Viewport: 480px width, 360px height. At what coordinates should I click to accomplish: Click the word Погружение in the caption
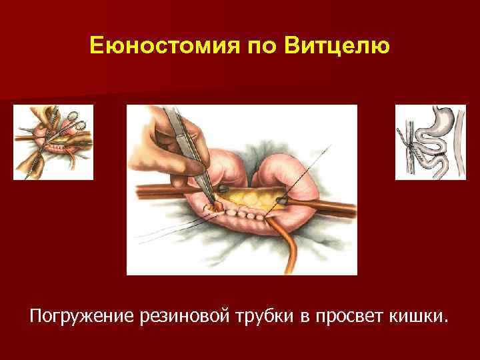click(x=80, y=313)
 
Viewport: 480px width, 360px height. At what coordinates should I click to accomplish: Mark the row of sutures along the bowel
click(x=247, y=214)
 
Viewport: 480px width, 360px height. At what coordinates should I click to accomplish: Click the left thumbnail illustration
click(x=53, y=142)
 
